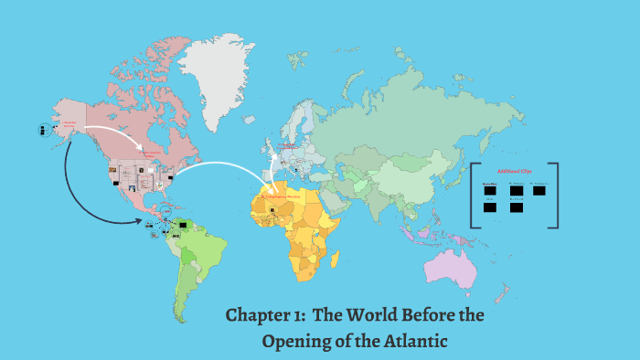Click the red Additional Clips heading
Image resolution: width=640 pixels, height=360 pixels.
tap(515, 172)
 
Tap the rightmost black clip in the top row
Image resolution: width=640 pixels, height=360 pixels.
tap(540, 190)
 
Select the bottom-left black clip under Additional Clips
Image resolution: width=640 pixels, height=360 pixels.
tap(490, 207)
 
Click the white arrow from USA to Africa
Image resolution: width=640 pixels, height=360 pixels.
tap(229, 166)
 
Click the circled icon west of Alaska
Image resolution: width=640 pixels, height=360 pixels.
tap(43, 131)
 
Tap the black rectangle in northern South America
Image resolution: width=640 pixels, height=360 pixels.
tap(185, 223)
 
